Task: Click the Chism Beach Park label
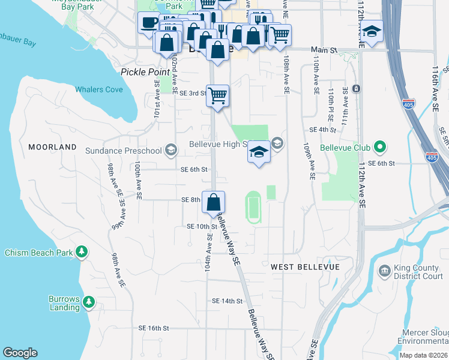click(x=38, y=253)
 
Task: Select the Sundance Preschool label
click(x=124, y=150)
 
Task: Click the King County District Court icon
click(x=385, y=271)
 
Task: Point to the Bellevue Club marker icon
click(x=379, y=146)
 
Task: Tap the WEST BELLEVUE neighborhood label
click(x=305, y=266)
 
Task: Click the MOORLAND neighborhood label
click(x=53, y=146)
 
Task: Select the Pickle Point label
click(x=142, y=71)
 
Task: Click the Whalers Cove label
click(x=99, y=89)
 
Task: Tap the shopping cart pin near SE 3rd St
click(x=217, y=95)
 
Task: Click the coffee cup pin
click(x=148, y=23)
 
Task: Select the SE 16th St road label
click(x=154, y=328)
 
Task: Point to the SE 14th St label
click(x=227, y=301)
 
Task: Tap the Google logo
click(x=20, y=353)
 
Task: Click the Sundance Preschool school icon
click(x=170, y=150)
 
